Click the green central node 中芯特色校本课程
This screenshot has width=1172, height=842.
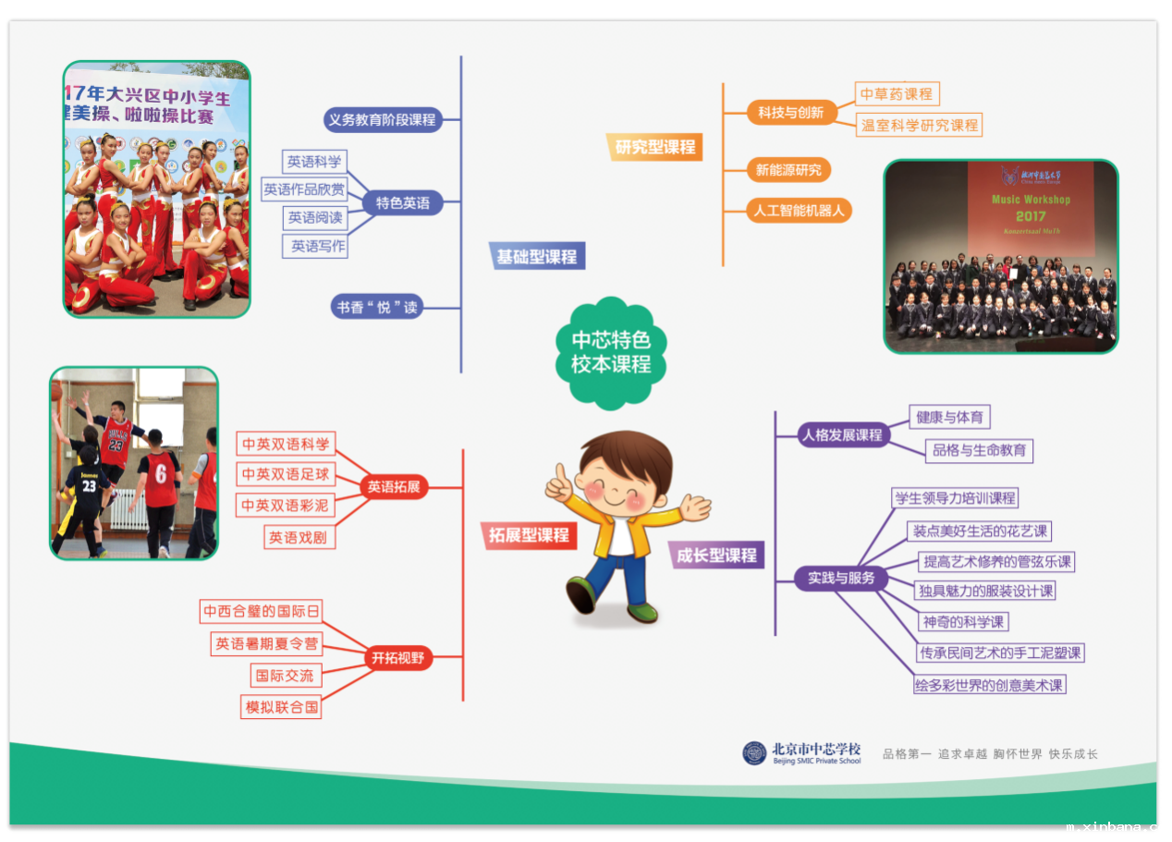point(611,353)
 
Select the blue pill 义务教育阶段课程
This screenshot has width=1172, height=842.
point(383,120)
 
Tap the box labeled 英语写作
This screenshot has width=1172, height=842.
point(315,246)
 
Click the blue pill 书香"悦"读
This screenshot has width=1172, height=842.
point(377,307)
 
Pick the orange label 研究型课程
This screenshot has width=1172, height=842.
point(654,147)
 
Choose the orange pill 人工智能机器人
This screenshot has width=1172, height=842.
point(799,211)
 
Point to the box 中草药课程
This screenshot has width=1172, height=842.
point(897,93)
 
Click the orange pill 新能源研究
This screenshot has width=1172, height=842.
point(788,170)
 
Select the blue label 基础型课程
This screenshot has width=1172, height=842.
point(537,256)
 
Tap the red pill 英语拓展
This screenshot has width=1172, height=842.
point(394,487)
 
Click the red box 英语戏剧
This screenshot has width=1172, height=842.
point(299,537)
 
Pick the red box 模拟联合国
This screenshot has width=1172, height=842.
point(281,707)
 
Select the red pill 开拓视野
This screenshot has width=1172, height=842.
point(398,657)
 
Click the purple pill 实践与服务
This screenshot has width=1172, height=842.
point(841,578)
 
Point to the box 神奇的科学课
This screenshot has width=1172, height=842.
point(963,622)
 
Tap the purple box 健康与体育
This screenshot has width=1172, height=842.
point(949,417)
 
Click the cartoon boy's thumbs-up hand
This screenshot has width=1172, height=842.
point(560,482)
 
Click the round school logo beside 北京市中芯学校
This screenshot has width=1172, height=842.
point(754,753)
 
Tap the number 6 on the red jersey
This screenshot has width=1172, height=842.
point(161,473)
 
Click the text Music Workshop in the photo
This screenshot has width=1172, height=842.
point(1031,200)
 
